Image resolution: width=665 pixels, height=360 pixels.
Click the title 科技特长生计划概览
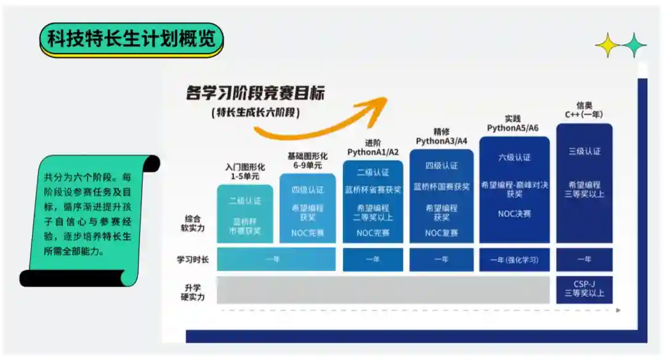coord(131,39)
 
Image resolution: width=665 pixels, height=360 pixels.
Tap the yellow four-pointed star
coord(607,45)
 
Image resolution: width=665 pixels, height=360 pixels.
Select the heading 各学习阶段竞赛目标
coord(256,94)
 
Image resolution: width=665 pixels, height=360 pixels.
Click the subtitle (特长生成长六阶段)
coord(256,113)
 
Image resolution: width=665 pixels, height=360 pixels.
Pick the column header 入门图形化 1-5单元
coord(244,172)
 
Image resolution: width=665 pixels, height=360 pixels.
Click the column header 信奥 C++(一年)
coord(584,110)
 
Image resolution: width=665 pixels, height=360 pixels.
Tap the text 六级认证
coord(514,157)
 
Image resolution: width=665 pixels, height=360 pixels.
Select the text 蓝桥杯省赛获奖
coord(373,190)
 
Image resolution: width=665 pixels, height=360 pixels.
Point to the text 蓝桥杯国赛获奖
coord(441,186)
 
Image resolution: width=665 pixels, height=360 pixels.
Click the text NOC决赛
coord(514,214)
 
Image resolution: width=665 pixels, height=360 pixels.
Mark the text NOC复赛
coord(441,233)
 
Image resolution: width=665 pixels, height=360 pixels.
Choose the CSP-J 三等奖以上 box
coord(584,289)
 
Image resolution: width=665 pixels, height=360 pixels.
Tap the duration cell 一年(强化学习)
coord(514,260)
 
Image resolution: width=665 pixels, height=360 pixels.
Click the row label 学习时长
coord(193,260)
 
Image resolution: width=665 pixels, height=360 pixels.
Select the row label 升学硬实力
coord(193,292)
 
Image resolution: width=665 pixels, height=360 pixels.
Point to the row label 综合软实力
coord(193,224)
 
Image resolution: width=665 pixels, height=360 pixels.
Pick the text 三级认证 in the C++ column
coord(584,151)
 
